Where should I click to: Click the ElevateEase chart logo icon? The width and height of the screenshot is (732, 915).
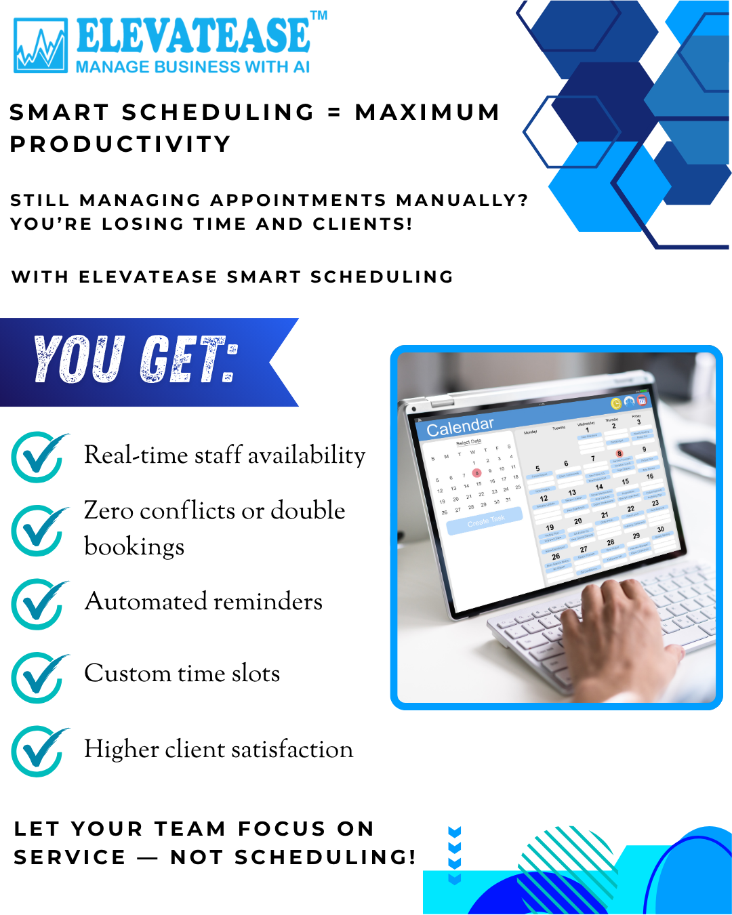point(41,46)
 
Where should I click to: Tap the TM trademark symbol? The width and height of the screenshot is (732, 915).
point(319,15)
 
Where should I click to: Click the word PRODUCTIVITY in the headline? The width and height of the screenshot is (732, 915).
point(121,144)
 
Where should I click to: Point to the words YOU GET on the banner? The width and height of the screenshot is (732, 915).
point(136,359)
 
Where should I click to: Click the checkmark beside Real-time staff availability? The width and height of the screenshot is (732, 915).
point(39,457)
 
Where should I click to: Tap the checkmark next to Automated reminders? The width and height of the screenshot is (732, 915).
point(39,603)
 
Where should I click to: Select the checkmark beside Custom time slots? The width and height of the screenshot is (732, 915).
point(39,676)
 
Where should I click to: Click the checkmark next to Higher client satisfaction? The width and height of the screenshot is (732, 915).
point(39,751)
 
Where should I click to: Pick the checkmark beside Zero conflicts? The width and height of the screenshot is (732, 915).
point(39,530)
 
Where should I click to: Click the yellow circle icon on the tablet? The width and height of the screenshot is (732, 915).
point(616,404)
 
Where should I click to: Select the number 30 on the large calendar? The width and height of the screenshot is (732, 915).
point(660,529)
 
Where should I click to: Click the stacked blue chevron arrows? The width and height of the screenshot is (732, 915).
point(455,855)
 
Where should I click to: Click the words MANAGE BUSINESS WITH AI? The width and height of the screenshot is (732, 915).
point(192,67)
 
